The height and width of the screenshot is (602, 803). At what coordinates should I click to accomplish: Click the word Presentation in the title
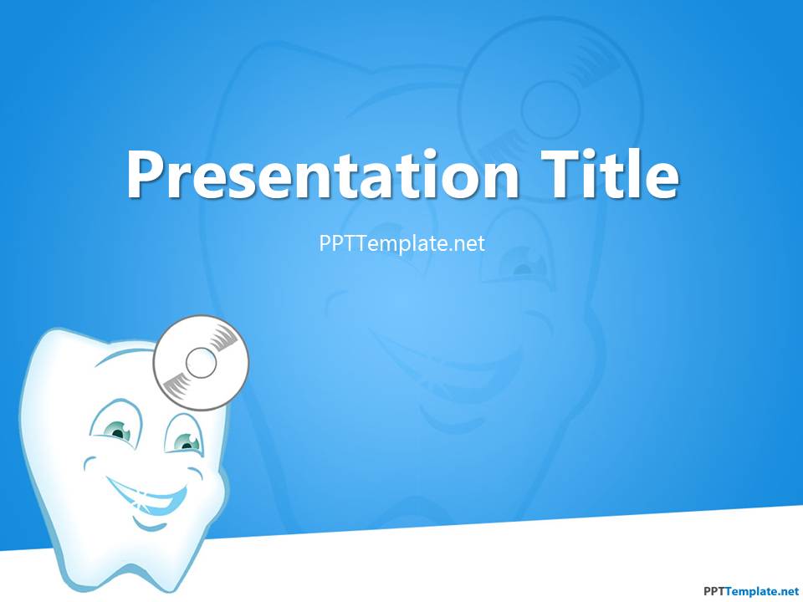tap(323, 174)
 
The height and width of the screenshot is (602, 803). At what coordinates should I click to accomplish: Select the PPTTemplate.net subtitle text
tap(402, 243)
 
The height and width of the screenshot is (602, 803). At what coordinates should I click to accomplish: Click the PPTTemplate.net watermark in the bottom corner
tap(751, 591)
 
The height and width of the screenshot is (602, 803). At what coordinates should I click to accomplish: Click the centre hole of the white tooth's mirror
tap(201, 362)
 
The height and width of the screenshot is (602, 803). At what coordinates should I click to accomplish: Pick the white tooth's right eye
tap(187, 441)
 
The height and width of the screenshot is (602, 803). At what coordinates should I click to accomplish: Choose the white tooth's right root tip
tap(164, 588)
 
